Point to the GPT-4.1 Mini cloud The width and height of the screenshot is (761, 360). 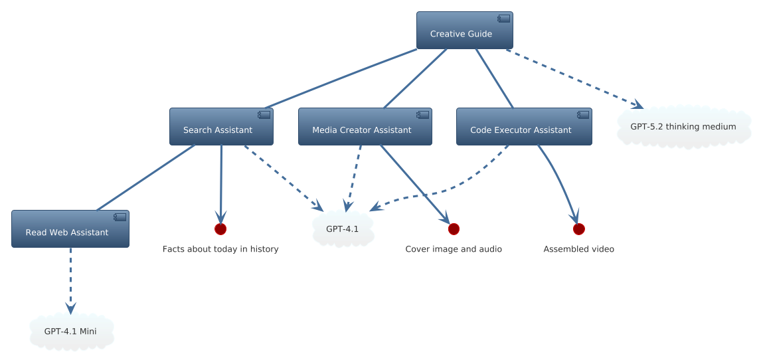pos(71,331)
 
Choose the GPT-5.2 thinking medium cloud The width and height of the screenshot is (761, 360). pos(683,127)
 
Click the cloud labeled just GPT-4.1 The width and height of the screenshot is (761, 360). pos(342,229)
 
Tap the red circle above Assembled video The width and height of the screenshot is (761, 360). pos(579,229)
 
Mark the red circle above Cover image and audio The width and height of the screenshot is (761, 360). pos(454,229)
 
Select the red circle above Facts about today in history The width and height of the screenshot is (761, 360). pos(220,229)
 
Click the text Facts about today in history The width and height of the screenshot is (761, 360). pos(220,249)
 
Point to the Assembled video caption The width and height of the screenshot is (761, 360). pos(579,249)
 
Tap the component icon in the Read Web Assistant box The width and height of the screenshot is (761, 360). pos(120,217)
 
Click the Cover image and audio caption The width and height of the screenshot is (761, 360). pos(454,249)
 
